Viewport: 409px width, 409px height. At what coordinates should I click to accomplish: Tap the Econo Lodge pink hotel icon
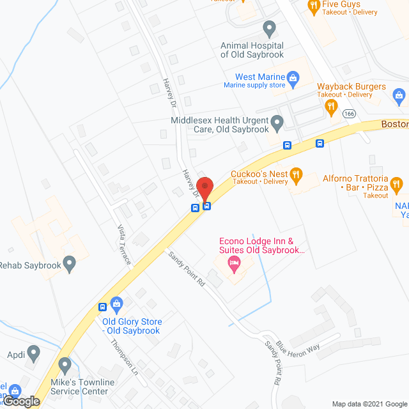234,263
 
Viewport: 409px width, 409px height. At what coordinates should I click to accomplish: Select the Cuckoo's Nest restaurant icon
295,173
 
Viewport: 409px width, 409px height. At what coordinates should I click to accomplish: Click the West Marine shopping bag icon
293,80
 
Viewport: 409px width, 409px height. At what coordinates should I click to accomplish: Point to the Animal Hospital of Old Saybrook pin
270,28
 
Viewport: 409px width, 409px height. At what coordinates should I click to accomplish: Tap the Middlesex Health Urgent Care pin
277,121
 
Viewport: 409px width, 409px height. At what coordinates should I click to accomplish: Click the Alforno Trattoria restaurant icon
396,185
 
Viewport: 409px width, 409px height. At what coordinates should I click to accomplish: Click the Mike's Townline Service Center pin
65,366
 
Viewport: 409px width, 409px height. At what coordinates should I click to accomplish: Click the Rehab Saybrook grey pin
70,262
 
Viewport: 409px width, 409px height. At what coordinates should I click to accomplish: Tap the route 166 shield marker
349,114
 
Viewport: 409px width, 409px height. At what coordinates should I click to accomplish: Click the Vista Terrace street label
124,245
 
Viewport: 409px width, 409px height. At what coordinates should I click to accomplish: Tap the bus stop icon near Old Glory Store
102,307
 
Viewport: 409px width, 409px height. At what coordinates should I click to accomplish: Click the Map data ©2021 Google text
369,403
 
